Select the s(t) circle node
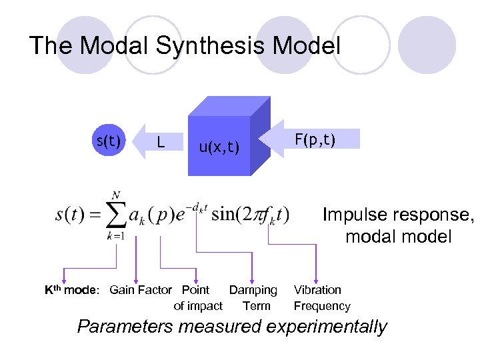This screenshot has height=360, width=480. pos(109,141)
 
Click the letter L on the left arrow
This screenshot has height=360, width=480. pos(160,142)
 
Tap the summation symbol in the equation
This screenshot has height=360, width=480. pos(117,215)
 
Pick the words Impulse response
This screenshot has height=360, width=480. pos(397,215)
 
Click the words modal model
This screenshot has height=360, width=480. pos(398,236)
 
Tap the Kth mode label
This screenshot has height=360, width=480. pos(71,290)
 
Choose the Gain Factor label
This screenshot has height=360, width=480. pos(140,290)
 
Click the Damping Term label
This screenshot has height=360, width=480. pos(253,298)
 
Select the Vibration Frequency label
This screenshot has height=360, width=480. pos(321,298)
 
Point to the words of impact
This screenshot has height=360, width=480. pos(198,306)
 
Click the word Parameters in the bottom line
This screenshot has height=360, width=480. pos(121,327)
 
